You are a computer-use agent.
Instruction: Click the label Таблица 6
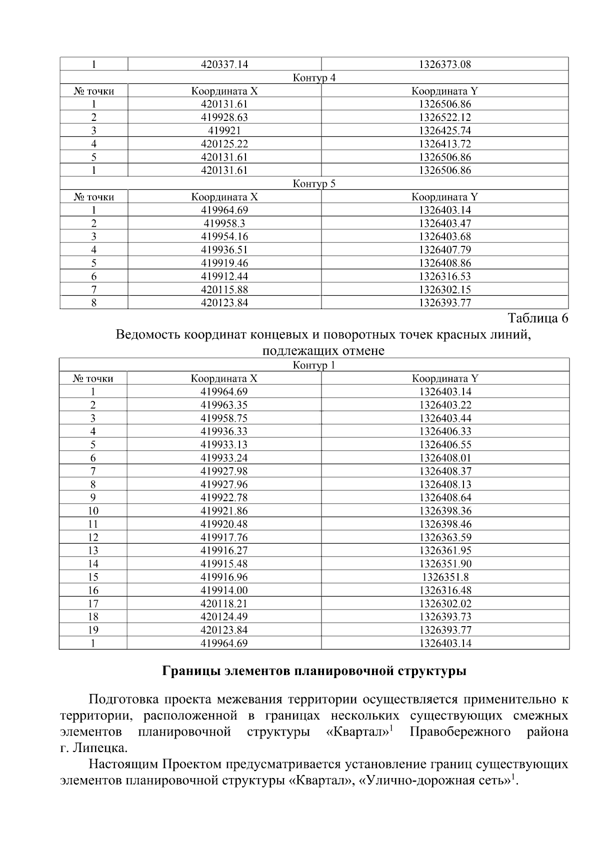click(538, 318)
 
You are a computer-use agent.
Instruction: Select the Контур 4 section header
click(314, 78)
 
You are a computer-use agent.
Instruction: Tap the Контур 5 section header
click(314, 184)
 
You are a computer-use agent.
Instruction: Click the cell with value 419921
click(224, 131)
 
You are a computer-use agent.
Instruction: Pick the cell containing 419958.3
click(224, 223)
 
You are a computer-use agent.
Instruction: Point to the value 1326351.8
click(445, 577)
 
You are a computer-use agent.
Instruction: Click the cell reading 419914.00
click(224, 590)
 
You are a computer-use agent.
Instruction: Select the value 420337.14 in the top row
click(224, 64)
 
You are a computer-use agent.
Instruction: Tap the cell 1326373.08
click(445, 64)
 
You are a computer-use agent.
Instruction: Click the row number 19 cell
click(93, 630)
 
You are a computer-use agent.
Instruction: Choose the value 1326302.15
click(445, 290)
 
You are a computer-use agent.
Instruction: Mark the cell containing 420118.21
click(224, 604)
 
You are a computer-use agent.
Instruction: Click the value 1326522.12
click(445, 117)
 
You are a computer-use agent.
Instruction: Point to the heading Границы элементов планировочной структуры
click(314, 671)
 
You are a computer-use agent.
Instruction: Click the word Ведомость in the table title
click(146, 334)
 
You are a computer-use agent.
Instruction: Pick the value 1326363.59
click(445, 537)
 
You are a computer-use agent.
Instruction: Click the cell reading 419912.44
click(224, 276)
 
